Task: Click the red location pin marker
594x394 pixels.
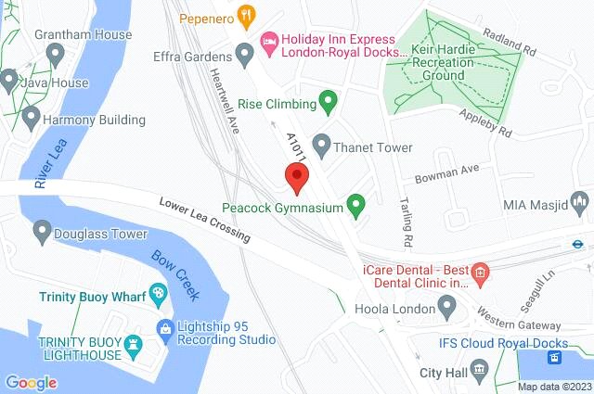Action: (x=296, y=176)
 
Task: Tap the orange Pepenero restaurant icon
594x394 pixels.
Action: (x=245, y=15)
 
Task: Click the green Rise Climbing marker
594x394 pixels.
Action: (x=327, y=98)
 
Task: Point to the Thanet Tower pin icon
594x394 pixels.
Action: (x=321, y=144)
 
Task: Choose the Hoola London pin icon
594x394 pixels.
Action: (x=447, y=304)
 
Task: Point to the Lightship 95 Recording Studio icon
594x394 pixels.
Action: (x=165, y=326)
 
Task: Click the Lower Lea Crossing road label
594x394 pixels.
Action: (x=203, y=220)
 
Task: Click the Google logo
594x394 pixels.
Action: (x=31, y=382)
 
